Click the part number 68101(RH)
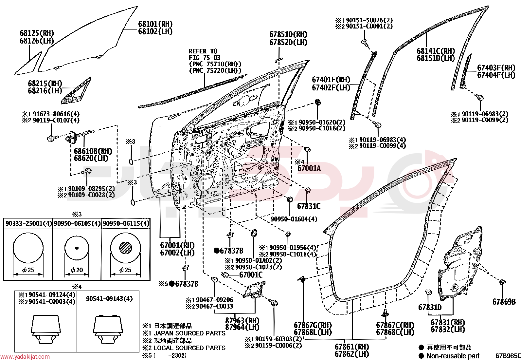coord(155,24)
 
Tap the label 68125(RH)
coord(37,33)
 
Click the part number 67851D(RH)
coord(288,34)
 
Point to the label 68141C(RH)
coord(436,51)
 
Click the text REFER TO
coord(203,51)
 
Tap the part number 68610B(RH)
coord(93,151)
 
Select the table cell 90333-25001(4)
coord(28,223)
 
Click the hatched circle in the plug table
coord(125,248)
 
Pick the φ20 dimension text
coord(77,270)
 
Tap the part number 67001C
coord(251,275)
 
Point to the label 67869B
coord(504,302)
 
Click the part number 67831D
coord(430,307)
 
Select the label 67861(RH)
coord(352,347)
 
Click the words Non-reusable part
coord(453,356)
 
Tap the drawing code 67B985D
coord(508,356)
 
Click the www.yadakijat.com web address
coord(25,357)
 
